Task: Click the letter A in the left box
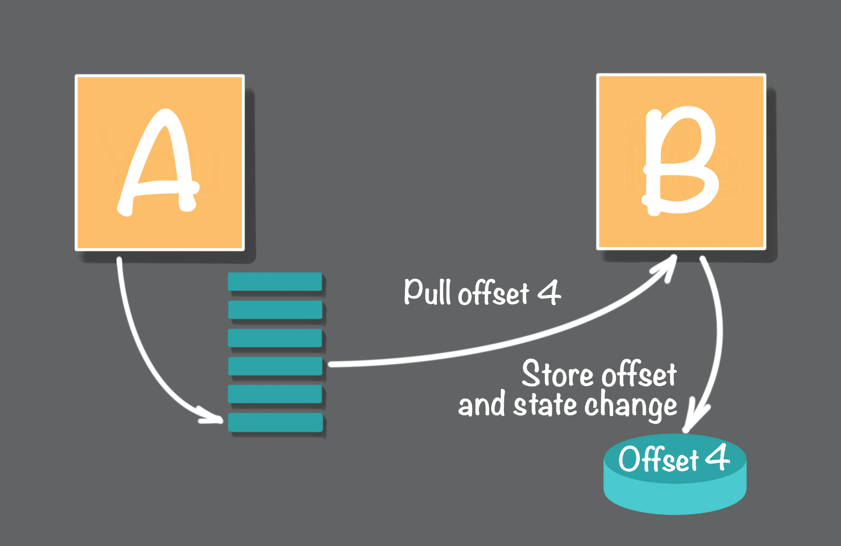click(158, 162)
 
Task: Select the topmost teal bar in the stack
click(275, 282)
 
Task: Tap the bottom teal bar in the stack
click(275, 422)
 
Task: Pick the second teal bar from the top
click(275, 310)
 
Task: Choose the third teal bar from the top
click(275, 338)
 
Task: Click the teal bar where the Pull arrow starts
click(275, 366)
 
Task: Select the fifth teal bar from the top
click(275, 394)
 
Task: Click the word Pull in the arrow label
click(427, 292)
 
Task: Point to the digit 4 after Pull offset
click(549, 293)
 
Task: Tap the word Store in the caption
click(558, 374)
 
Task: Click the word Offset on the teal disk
click(659, 459)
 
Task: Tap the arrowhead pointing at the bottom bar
click(210, 415)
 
